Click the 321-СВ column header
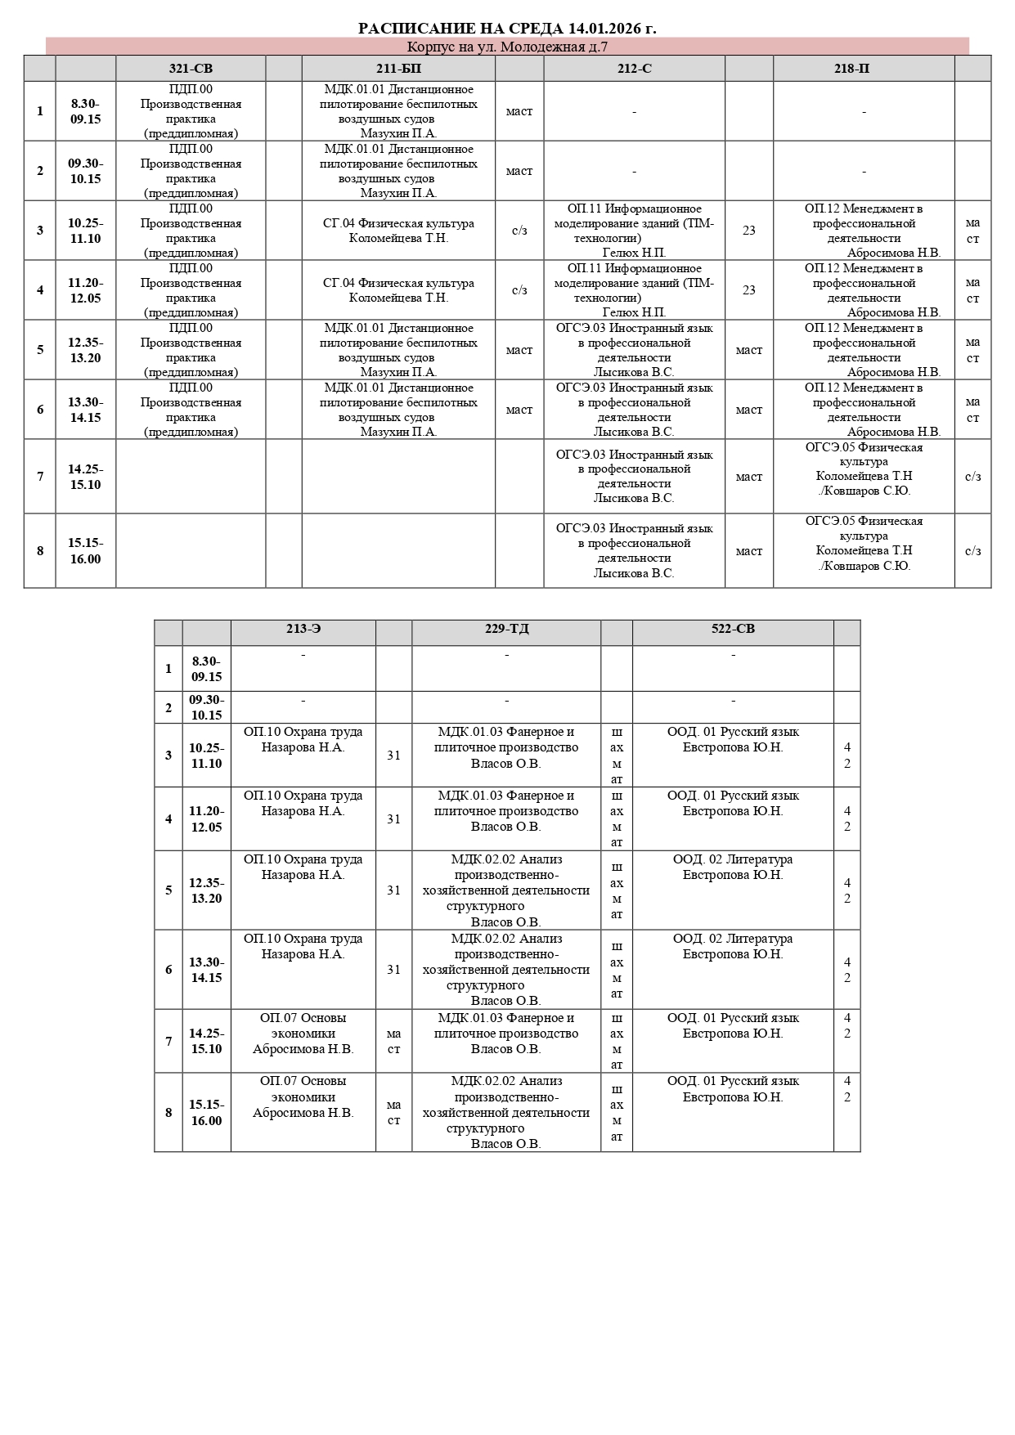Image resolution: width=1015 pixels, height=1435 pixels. click(x=191, y=69)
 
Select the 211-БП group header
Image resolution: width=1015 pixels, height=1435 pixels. click(x=398, y=69)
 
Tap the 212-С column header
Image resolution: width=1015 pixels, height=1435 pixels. click(x=634, y=69)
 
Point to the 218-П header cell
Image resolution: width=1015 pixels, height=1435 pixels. click(x=864, y=69)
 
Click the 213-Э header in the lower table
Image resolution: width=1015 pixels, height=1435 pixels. click(x=303, y=629)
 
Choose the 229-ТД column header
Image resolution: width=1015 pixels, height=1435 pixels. click(x=506, y=629)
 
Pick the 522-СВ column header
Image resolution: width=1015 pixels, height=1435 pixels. click(x=733, y=629)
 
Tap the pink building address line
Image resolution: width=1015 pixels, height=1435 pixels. click(x=507, y=47)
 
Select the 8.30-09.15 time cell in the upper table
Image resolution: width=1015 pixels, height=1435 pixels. click(x=85, y=111)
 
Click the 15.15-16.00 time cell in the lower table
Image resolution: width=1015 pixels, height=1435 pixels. click(x=206, y=1112)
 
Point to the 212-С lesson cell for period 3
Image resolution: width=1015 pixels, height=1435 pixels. click(x=634, y=231)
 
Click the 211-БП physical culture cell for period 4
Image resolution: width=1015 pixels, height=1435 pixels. click(x=398, y=290)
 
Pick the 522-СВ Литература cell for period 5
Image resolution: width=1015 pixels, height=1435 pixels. click(x=733, y=868)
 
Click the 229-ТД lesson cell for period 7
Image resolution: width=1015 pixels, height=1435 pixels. click(x=506, y=1034)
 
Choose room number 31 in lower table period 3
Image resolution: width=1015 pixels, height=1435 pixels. click(x=393, y=756)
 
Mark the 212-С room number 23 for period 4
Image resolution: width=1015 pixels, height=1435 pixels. click(x=748, y=290)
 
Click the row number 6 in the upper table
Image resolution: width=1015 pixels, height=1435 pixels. click(x=40, y=410)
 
